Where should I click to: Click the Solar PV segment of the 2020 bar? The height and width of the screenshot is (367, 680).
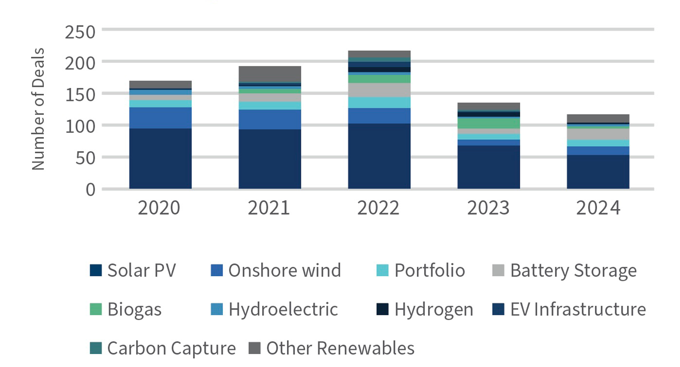160,158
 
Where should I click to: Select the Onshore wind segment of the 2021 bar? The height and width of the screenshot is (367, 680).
270,119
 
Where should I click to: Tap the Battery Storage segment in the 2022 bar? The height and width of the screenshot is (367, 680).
379,90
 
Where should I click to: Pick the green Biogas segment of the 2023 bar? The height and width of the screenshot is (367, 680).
489,123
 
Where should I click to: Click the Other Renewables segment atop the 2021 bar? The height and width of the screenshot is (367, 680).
270,74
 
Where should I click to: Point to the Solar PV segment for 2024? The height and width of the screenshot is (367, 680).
598,172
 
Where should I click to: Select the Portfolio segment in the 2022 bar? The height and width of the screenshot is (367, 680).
379,103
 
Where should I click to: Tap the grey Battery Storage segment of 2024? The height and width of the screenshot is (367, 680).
598,134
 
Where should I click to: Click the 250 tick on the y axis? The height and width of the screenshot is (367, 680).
80,33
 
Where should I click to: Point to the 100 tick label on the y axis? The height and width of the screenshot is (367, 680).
80,127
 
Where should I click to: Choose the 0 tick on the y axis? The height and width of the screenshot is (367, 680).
90,190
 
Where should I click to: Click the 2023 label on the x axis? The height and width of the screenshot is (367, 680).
488,208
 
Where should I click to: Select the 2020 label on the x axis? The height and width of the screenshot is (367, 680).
159,208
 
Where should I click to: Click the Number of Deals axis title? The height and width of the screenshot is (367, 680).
38,109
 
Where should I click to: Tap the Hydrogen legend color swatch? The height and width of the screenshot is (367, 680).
382,309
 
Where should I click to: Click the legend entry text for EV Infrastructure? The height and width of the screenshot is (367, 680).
578,309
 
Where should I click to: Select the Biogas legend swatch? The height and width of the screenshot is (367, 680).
96,309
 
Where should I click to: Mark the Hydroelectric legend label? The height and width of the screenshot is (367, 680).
283,309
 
